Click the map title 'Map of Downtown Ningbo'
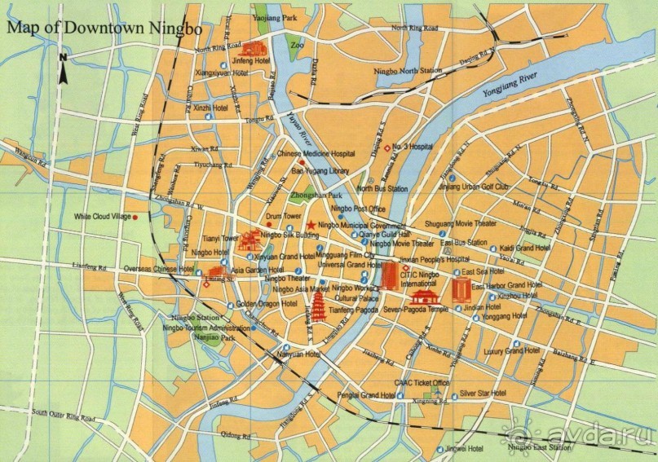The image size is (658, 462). (102, 26)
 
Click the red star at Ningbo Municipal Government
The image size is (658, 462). (310, 225)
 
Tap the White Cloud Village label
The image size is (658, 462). (102, 217)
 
